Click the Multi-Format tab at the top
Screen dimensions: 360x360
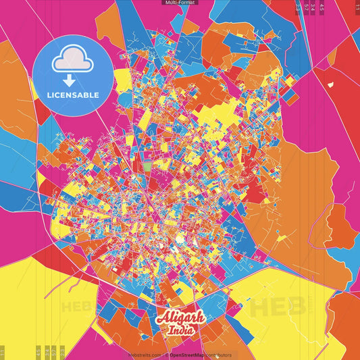[x=180, y=3]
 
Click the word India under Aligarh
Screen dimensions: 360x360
[x=180, y=330]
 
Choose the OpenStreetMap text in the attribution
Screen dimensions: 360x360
[x=188, y=355]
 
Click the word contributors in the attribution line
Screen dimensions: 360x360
[x=218, y=355]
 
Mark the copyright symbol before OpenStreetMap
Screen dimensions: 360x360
[x=166, y=355]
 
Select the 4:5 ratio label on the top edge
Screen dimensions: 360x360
[x=322, y=7]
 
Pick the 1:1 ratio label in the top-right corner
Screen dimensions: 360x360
[x=357, y=6]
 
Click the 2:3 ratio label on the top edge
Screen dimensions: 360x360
[x=299, y=7]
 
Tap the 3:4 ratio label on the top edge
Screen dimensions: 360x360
[x=313, y=7]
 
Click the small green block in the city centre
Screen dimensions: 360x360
[x=148, y=164]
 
